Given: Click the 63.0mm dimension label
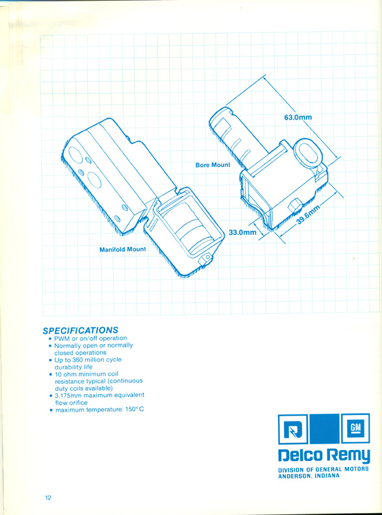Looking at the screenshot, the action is [x=298, y=118].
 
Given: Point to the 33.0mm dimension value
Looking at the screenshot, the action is [x=242, y=232].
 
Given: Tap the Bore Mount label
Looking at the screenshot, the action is [x=213, y=165].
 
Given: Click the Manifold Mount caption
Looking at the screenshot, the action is [x=123, y=249].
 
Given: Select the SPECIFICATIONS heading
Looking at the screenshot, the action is [x=81, y=330].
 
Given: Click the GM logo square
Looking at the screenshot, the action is [x=356, y=429].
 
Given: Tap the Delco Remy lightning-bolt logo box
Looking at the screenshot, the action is [x=292, y=429].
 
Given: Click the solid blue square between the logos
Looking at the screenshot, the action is [x=324, y=429].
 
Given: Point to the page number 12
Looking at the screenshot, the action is [x=48, y=497].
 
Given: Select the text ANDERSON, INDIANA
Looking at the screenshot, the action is [x=309, y=476].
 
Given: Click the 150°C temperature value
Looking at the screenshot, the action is [x=134, y=410].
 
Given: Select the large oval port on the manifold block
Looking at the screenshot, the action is [x=95, y=180].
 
